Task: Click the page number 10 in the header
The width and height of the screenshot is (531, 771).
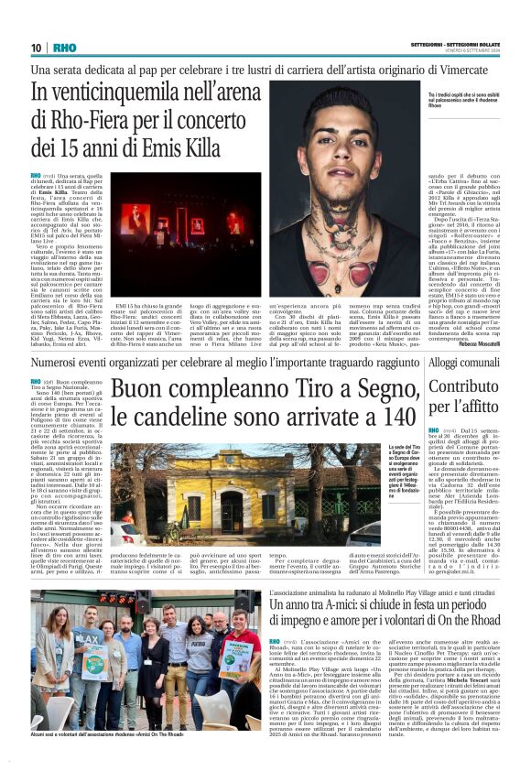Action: point(37,48)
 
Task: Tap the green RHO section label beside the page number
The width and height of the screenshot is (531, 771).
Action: point(65,48)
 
